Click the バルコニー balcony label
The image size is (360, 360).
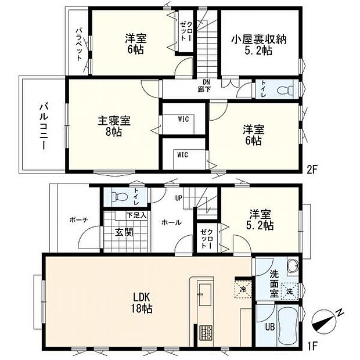click(x=43, y=126)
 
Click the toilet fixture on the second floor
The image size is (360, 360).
click(x=283, y=89)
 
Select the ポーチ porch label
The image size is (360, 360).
click(x=78, y=219)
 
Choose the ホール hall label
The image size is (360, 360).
click(x=170, y=222)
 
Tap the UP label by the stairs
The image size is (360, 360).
click(x=179, y=198)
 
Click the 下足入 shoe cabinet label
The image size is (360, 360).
click(x=137, y=215)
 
